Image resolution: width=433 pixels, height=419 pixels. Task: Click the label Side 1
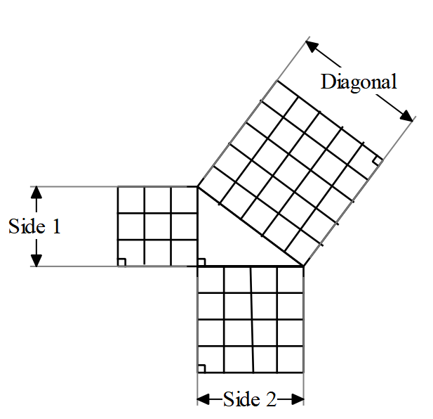[x=35, y=226]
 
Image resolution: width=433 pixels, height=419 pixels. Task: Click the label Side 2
[x=250, y=399]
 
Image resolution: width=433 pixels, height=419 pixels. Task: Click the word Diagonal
[x=359, y=82]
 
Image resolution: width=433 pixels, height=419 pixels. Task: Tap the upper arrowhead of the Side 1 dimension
[x=37, y=193]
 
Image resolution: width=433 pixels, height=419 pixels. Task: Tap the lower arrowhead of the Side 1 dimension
[x=37, y=259]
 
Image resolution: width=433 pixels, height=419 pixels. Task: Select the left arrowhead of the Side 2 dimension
[x=204, y=399]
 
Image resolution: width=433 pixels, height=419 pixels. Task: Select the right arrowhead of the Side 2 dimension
[x=297, y=399]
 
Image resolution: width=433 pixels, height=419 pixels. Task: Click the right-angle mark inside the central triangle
[x=201, y=262]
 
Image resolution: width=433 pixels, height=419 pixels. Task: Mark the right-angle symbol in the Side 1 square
[x=121, y=262]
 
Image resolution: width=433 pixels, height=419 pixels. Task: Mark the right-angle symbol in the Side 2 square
[x=201, y=368]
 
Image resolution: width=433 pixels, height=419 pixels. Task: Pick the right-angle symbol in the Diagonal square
[x=377, y=160]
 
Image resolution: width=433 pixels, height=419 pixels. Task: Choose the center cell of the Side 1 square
[x=158, y=226]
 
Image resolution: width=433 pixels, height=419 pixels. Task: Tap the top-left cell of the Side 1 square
[x=131, y=200]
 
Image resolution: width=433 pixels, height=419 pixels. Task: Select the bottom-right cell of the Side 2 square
[x=291, y=359]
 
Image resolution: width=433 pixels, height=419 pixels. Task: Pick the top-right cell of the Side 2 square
[x=291, y=279]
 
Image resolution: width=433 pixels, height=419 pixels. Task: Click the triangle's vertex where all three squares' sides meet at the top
[x=197, y=187]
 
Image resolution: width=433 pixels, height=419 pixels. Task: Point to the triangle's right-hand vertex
[x=304, y=266]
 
